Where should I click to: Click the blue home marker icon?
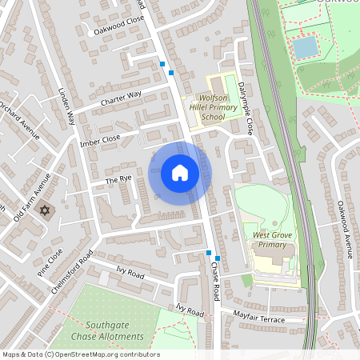pyautogui.click(x=180, y=172)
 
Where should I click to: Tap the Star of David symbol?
pyautogui.click(x=46, y=211)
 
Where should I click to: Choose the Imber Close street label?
pyautogui.click(x=99, y=139)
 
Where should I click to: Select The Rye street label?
pyautogui.click(x=118, y=180)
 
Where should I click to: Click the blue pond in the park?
pyautogui.click(x=305, y=47)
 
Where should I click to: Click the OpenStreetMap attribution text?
pyautogui.click(x=80, y=354)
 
